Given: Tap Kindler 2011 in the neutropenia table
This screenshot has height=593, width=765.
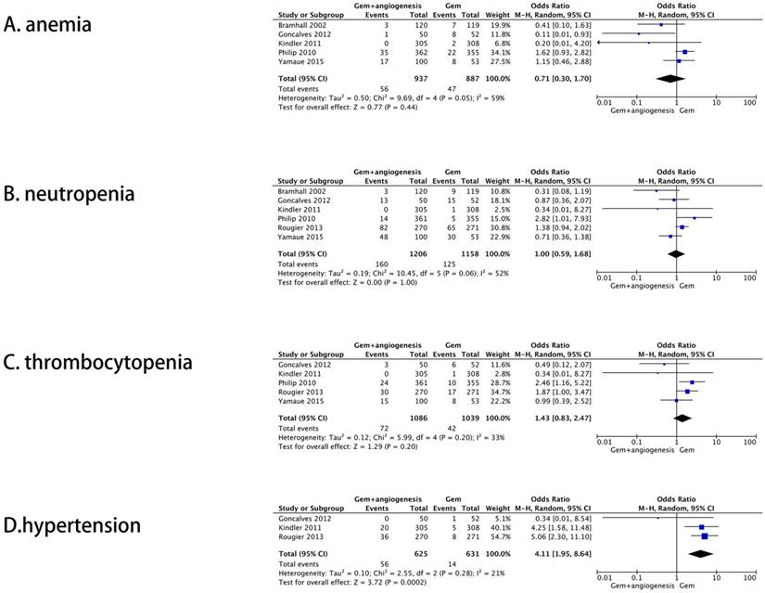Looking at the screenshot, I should (x=298, y=209).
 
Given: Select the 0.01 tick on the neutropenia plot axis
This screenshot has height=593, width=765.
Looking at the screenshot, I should (x=602, y=277).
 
